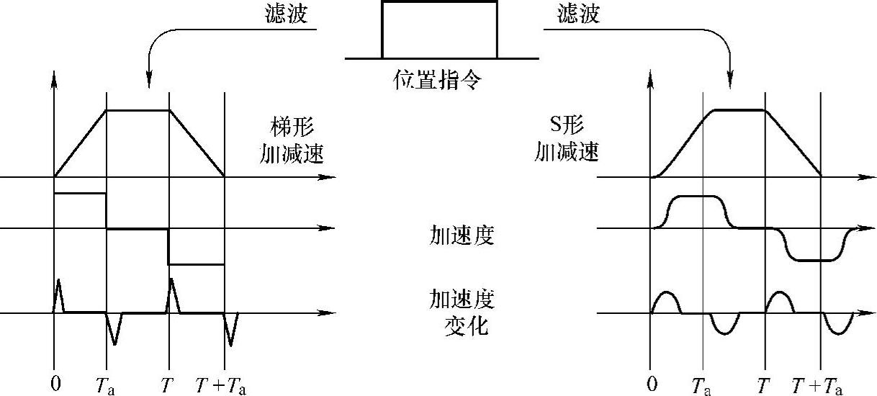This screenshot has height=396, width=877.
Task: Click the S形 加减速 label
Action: click(x=567, y=140)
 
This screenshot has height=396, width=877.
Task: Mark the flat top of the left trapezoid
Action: click(x=138, y=110)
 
